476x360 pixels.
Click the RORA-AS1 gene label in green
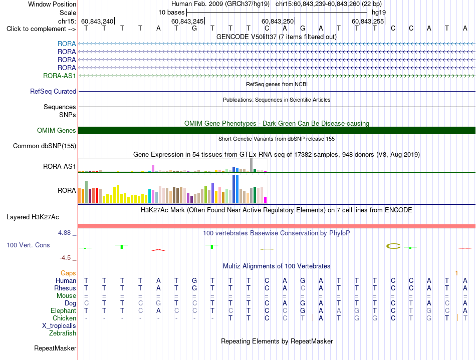coord(59,76)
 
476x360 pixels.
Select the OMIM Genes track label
coord(57,130)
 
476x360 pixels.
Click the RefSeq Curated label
coord(53,91)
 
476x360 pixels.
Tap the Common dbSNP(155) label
coord(45,146)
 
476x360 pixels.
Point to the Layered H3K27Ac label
coord(33,217)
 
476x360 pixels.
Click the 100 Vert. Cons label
coord(28,245)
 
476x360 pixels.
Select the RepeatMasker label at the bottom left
coord(55,348)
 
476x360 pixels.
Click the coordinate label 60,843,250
coord(278,21)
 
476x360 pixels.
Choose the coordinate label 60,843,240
coord(97,21)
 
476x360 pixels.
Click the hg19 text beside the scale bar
coord(379,13)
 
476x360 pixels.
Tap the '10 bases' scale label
coord(171,13)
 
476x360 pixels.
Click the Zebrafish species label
coord(63,333)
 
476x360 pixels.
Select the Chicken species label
coord(64,318)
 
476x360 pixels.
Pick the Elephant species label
coord(64,310)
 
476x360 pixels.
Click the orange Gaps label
coord(68,273)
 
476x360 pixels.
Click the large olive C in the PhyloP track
coord(393,246)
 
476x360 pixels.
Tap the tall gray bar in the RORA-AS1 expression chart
coord(252,165)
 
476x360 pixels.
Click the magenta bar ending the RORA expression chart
coord(266,200)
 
